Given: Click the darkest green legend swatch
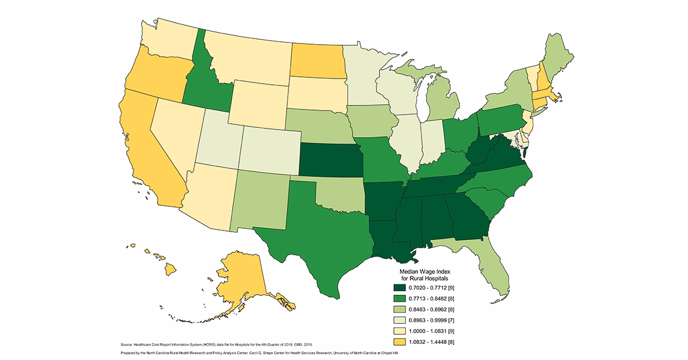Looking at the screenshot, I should (400, 288).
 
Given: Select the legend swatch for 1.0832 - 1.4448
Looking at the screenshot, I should (400, 342).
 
